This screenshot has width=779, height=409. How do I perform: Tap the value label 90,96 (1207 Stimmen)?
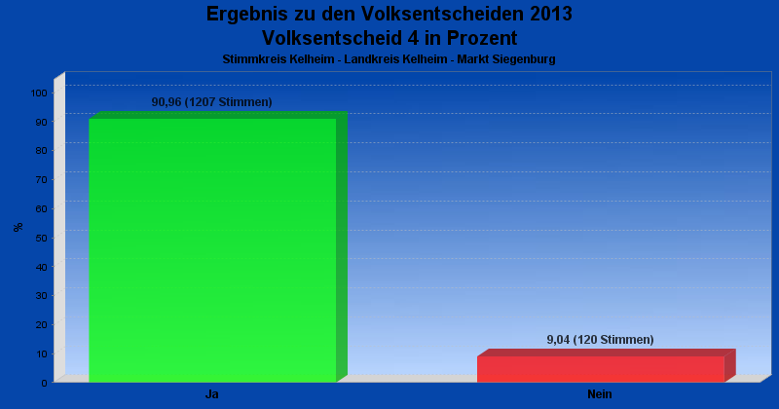(x=211, y=102)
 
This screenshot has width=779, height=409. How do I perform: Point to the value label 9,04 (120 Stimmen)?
(x=600, y=340)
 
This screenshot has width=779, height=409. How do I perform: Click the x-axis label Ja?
(x=212, y=394)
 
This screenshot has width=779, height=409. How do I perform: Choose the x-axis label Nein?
(x=600, y=394)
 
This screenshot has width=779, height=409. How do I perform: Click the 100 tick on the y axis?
(x=39, y=93)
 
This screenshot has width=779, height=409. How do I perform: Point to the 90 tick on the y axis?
(x=41, y=123)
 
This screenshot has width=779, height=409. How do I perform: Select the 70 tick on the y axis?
(x=41, y=180)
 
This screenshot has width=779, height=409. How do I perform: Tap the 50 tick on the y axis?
(x=41, y=238)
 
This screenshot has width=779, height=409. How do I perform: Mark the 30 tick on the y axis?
(x=41, y=296)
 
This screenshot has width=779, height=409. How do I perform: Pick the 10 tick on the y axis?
(x=41, y=353)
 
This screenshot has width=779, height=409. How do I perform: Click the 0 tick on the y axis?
(x=44, y=383)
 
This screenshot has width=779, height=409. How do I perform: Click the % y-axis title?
(x=19, y=227)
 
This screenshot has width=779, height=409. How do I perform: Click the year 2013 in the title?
(x=551, y=14)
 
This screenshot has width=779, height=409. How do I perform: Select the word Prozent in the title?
(x=482, y=38)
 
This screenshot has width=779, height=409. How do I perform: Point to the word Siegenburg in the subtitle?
(x=525, y=59)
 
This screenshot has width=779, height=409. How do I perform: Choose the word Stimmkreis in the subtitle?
(x=253, y=59)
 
